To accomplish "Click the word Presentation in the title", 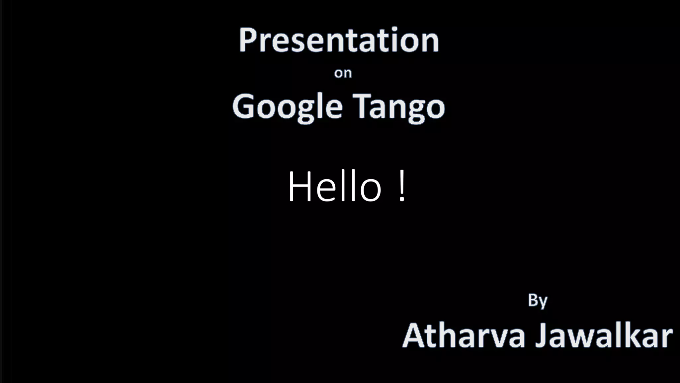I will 339,41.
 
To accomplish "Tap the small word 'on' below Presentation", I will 343,73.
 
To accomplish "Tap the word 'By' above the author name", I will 538,301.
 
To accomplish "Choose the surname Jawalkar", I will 604,336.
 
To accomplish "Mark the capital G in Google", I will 244,106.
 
